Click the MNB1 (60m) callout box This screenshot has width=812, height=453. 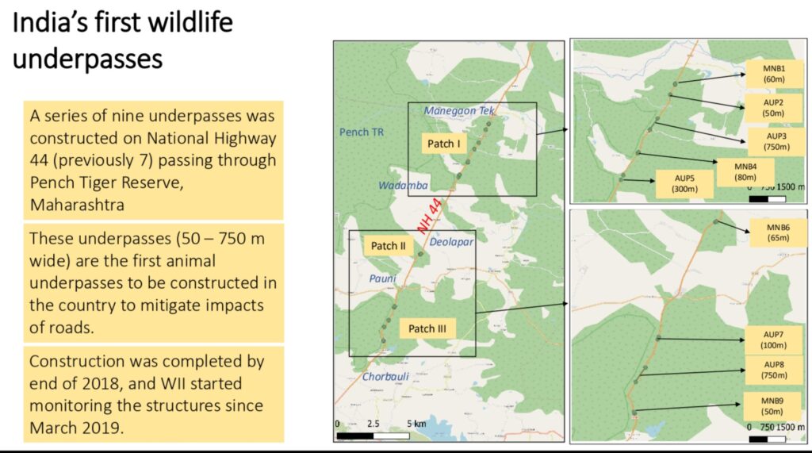point(774,74)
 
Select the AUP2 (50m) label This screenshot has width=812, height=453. point(772,108)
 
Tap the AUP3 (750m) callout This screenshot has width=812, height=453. point(776,141)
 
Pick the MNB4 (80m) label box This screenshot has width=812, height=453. point(745,172)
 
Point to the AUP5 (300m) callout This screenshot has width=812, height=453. point(684,183)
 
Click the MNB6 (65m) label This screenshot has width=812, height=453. point(778,232)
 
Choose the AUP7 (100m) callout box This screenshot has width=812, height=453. point(773,340)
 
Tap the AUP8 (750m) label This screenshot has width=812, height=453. point(774,370)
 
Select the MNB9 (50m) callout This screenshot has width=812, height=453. point(772,406)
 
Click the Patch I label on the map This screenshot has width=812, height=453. point(443,144)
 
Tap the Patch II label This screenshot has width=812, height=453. point(388,246)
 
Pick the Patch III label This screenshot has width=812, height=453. point(427,328)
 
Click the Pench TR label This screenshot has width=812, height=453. point(362,132)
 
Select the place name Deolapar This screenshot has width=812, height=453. point(451,242)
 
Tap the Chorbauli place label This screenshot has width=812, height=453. point(385,377)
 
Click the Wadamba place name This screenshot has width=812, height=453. point(403,186)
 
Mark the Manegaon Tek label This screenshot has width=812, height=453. point(459,110)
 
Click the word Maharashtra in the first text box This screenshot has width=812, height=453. point(77,205)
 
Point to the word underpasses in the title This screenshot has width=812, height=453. point(87,59)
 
